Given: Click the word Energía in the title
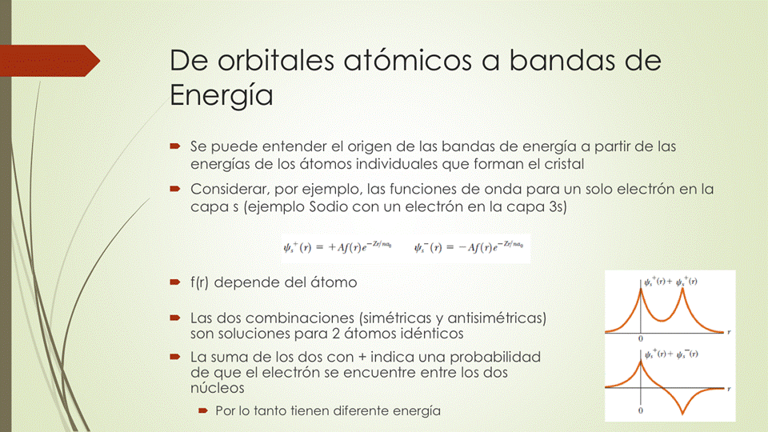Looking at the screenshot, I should [x=222, y=96].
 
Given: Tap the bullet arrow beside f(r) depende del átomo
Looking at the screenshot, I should [x=175, y=282].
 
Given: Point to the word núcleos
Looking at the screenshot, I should [x=217, y=388].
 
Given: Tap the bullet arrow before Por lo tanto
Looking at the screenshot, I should [x=203, y=410].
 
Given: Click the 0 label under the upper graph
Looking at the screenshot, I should [x=641, y=339].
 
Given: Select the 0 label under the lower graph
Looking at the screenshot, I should [x=641, y=410].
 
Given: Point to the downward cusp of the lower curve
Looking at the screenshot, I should [x=682, y=413].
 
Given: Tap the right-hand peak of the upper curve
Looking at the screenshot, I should [x=682, y=289].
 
